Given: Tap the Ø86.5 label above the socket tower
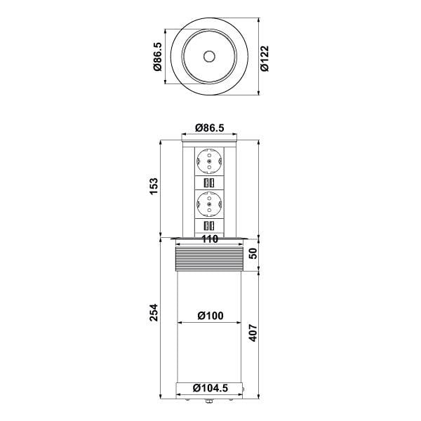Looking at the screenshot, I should (x=209, y=128).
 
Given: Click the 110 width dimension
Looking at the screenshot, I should (x=209, y=239).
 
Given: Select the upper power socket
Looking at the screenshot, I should (x=209, y=163).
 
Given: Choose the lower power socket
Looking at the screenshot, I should (x=209, y=204).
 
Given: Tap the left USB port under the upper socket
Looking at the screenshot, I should (x=205, y=185).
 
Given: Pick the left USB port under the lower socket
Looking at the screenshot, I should (x=205, y=226).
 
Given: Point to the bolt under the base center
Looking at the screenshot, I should (x=209, y=402).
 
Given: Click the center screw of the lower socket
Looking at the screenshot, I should (x=209, y=204).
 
